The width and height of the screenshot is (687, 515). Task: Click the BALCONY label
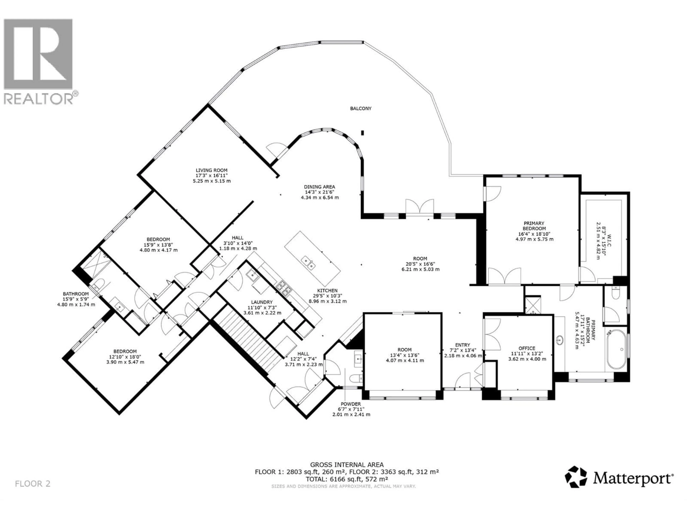tap(360, 109)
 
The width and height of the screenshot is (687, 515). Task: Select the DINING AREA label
tap(319, 187)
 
